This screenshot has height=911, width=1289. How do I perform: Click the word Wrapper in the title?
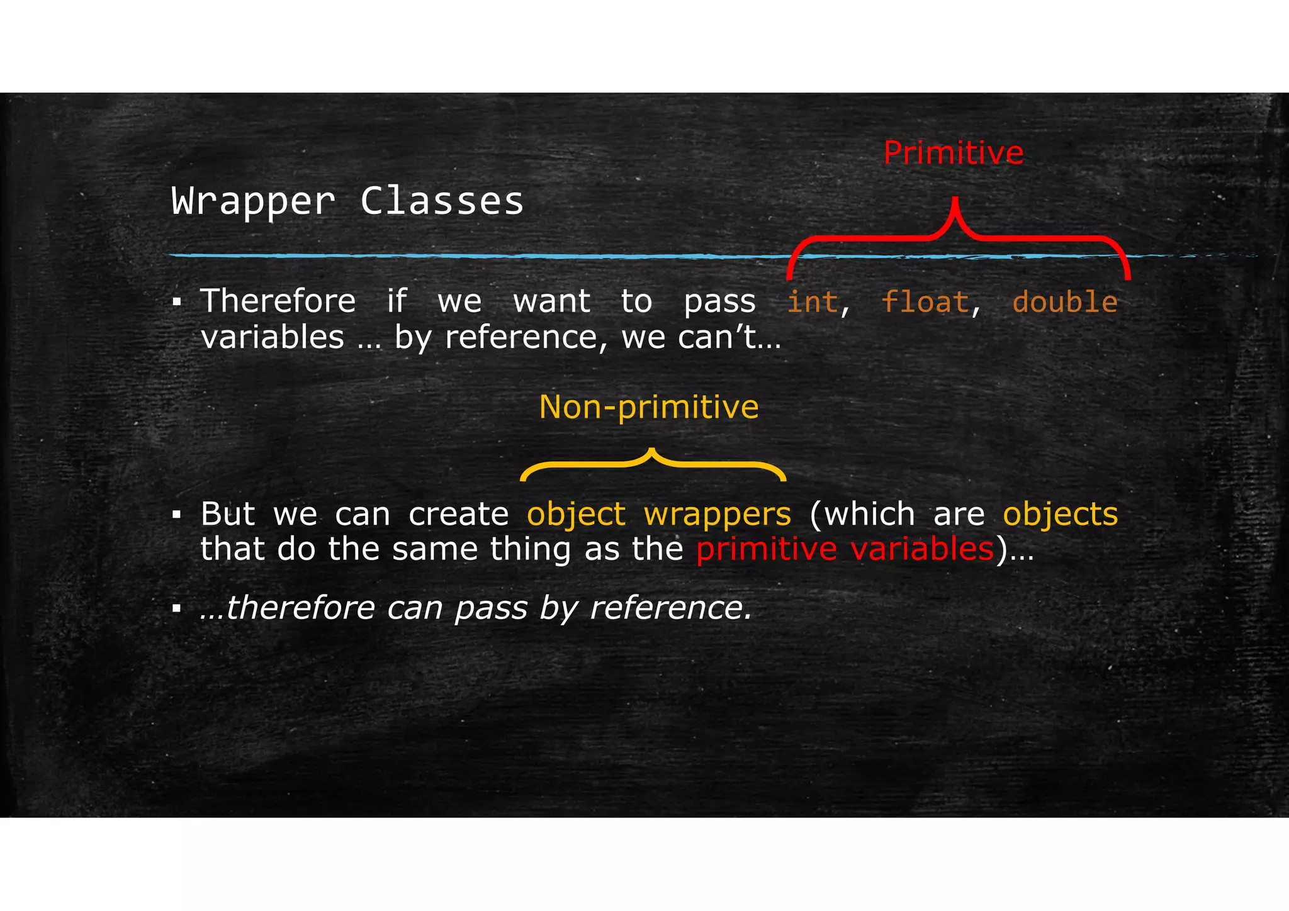click(252, 202)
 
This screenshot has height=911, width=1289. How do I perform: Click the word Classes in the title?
click(442, 202)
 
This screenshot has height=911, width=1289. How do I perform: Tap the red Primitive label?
click(953, 153)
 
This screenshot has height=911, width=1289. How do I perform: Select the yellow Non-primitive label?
click(649, 407)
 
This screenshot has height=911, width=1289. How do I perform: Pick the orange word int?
click(813, 303)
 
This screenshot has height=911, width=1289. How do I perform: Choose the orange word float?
click(925, 303)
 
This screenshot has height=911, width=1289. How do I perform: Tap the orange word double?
click(1065, 303)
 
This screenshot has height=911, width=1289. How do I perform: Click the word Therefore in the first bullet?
click(278, 301)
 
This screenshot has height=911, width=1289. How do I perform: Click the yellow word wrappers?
click(717, 515)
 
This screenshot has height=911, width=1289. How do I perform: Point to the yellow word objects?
click(1061, 515)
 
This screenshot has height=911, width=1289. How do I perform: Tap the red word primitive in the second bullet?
click(766, 549)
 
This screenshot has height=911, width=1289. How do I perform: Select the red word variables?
click(921, 549)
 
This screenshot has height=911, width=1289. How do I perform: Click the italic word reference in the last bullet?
click(670, 608)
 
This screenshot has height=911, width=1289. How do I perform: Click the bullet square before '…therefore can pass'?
click(177, 609)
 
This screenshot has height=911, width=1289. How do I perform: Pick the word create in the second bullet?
click(458, 515)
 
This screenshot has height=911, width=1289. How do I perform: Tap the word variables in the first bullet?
click(272, 338)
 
